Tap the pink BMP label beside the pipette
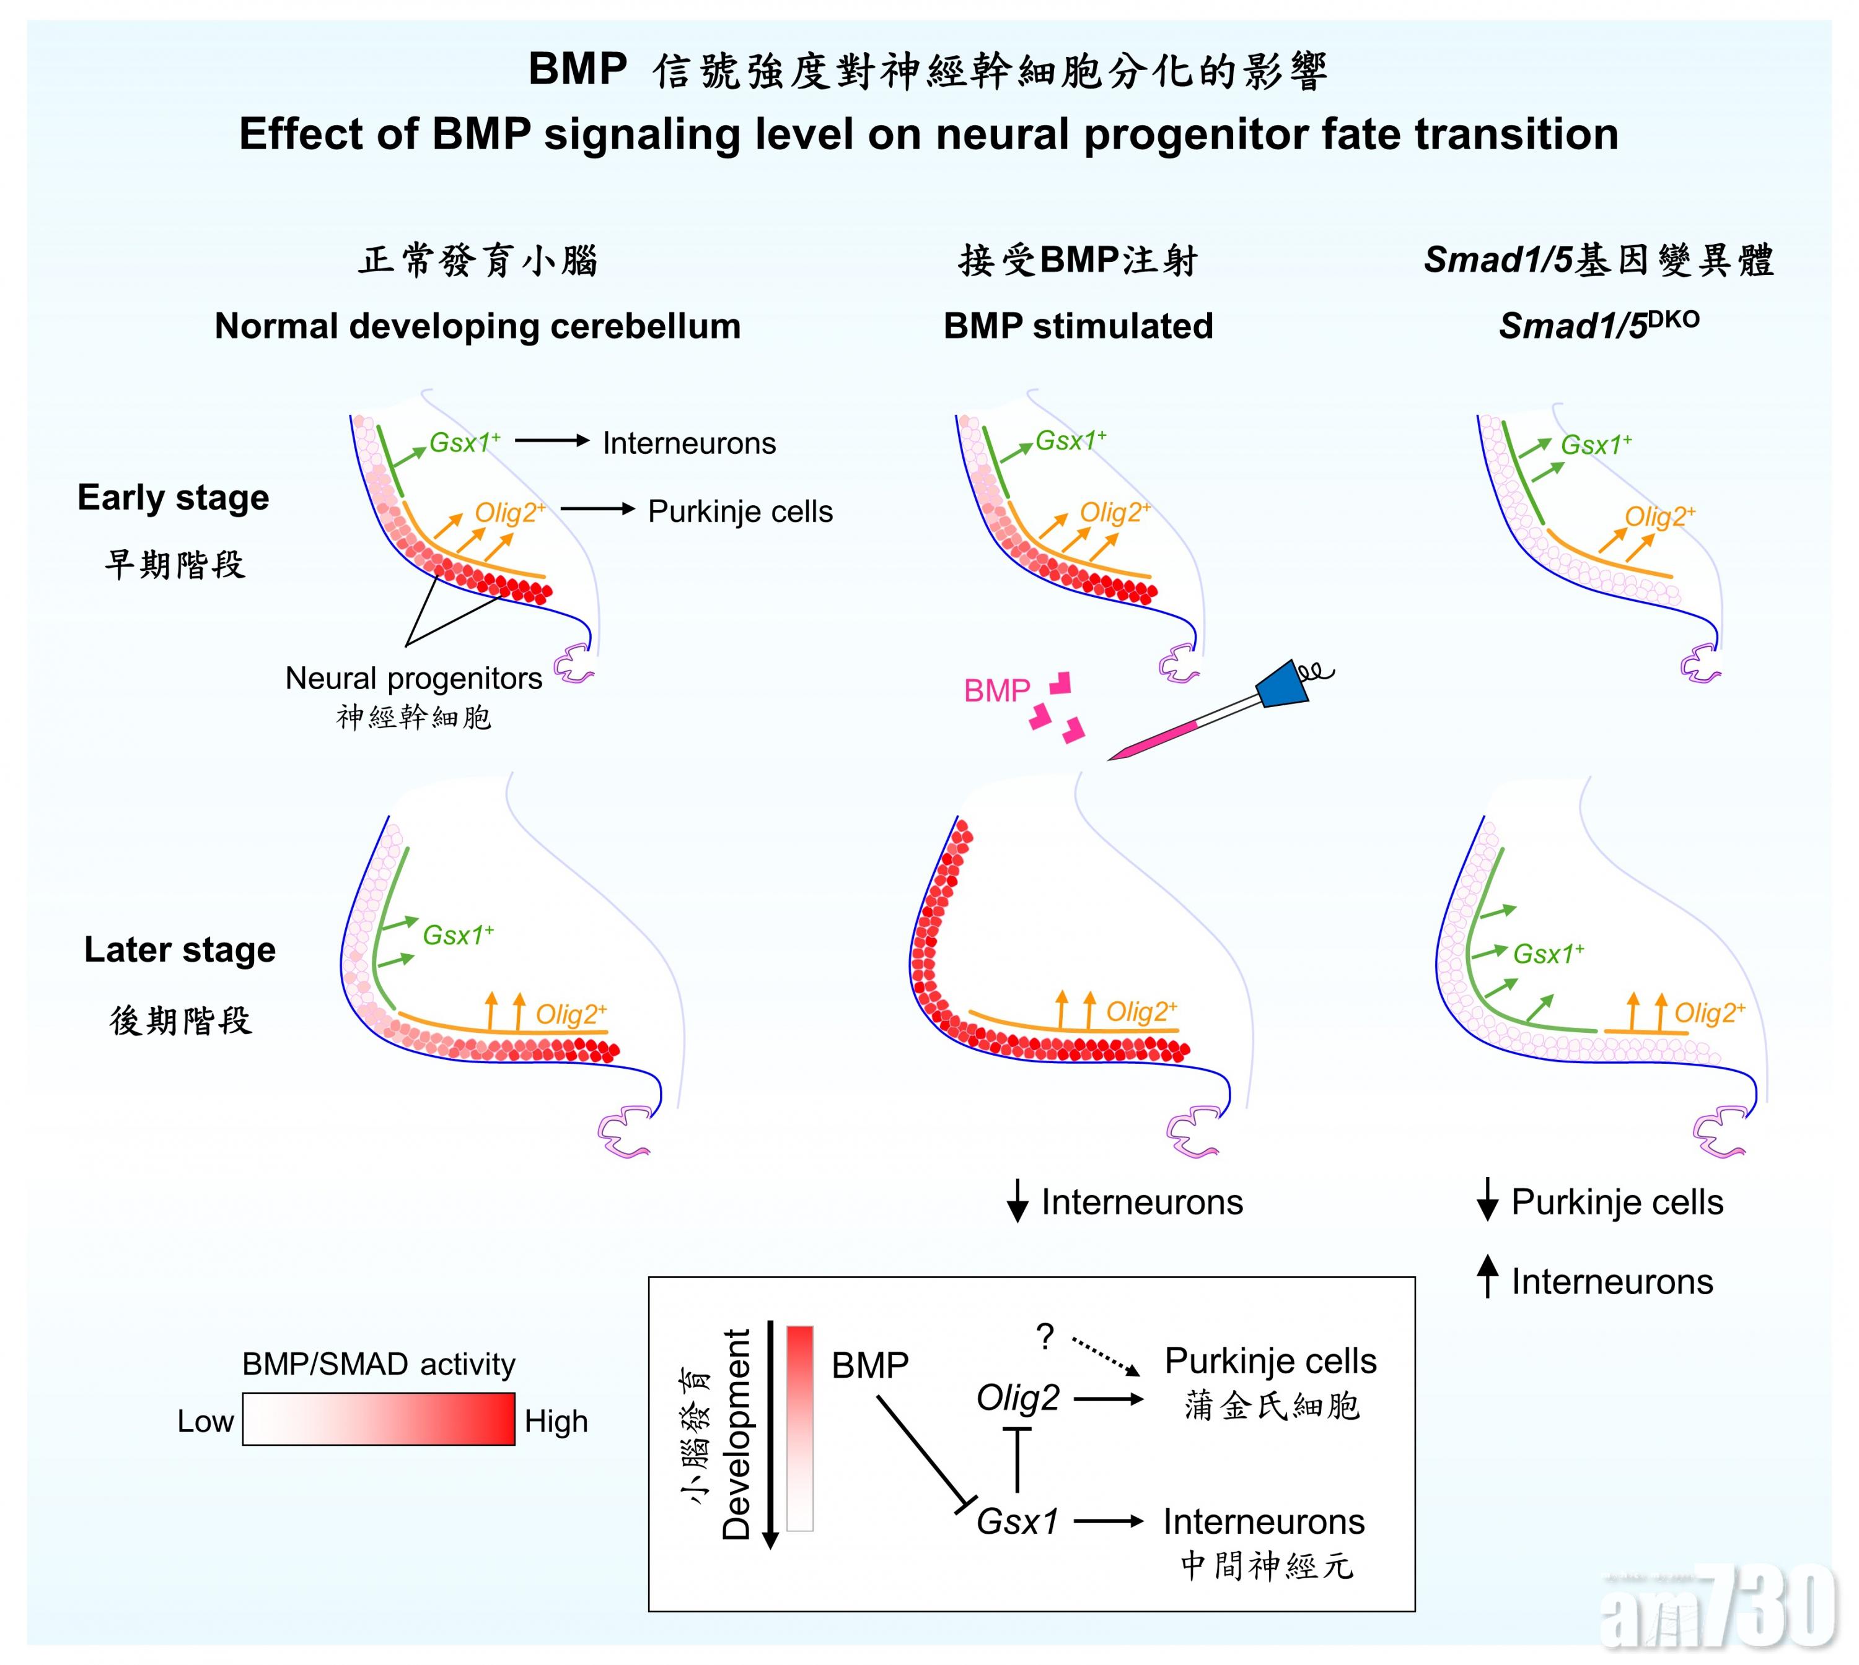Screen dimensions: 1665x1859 (997, 690)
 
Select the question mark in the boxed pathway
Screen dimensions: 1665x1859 (1045, 1337)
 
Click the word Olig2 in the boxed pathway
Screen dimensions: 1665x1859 (1017, 1398)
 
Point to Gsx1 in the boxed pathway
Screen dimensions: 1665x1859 (1017, 1521)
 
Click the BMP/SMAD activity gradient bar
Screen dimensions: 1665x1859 (378, 1419)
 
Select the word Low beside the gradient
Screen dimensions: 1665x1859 (205, 1422)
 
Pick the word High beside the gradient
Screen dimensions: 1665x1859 (556, 1422)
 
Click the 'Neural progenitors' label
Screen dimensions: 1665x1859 (414, 678)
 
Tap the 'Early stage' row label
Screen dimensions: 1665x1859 (173, 498)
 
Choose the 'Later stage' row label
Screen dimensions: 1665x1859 (180, 950)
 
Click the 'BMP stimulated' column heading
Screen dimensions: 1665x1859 (1078, 326)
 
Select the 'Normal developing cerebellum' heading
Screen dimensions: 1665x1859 (477, 326)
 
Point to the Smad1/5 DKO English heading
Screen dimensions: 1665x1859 (1598, 325)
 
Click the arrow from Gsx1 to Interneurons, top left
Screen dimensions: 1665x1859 (552, 441)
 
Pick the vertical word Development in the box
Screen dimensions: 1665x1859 (737, 1435)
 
